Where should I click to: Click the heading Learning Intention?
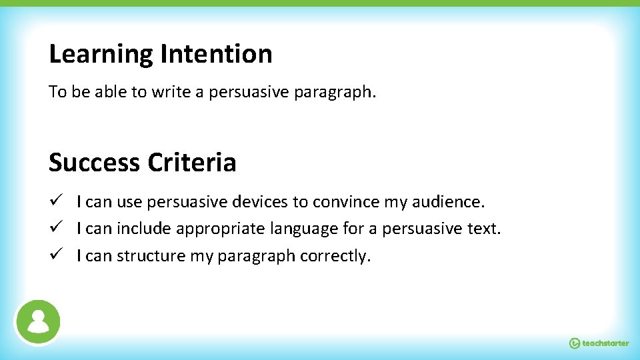point(160,54)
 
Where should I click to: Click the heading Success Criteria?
point(142,162)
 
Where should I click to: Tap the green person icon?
point(39,321)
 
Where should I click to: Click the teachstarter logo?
point(599,343)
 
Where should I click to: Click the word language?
point(304,229)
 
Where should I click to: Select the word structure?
point(149,256)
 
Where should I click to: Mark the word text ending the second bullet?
point(485,229)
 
